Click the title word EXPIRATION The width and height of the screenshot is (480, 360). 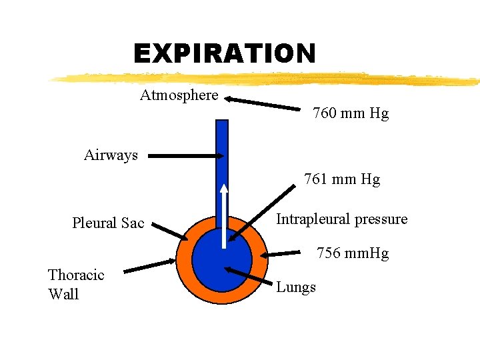point(224,53)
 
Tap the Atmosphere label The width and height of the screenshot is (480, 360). point(179,95)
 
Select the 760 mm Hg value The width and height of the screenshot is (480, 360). point(351,113)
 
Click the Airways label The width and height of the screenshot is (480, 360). point(111,155)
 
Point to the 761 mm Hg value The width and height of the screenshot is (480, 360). point(342,179)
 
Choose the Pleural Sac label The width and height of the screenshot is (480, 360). point(108,223)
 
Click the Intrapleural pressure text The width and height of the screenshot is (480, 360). point(341,219)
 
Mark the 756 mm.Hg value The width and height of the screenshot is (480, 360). point(353,253)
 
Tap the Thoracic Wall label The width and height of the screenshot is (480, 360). point(76,285)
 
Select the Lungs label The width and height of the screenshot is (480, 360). point(296,287)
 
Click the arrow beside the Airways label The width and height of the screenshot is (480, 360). point(186,155)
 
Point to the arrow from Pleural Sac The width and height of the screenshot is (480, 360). point(170,231)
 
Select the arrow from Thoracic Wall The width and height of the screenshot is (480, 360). point(150,265)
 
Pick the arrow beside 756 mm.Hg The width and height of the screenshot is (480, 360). point(283,253)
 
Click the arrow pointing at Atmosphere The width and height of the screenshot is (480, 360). point(263,103)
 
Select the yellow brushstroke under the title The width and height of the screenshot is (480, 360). point(267,79)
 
